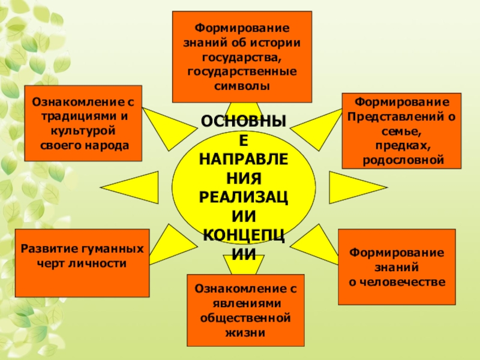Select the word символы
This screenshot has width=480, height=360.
242,86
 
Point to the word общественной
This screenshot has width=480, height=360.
245,317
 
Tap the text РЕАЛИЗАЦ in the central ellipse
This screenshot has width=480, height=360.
243,197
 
